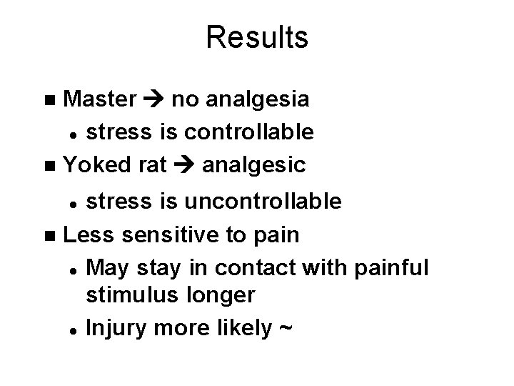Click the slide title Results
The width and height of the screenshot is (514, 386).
tap(257, 37)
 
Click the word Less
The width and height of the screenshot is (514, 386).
tap(91, 234)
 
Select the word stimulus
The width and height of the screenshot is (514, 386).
tap(131, 295)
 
